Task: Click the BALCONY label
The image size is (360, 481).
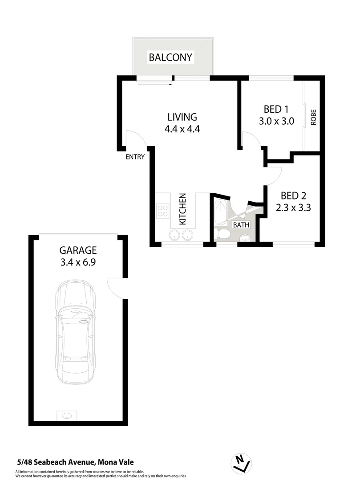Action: (x=170, y=57)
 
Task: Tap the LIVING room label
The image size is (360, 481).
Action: (x=182, y=117)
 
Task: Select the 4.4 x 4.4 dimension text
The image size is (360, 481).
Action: (x=182, y=130)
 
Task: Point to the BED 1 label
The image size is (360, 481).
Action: (x=276, y=109)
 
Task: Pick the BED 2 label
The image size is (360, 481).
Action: (x=293, y=195)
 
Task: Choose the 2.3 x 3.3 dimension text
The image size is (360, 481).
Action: (x=293, y=207)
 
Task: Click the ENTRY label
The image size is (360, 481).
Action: (x=135, y=157)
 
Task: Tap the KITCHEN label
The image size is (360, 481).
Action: (x=182, y=209)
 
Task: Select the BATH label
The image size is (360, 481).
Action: (x=241, y=225)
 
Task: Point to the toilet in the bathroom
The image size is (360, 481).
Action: (x=222, y=234)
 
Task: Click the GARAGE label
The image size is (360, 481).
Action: (x=78, y=251)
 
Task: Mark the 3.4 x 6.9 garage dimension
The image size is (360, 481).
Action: (x=78, y=263)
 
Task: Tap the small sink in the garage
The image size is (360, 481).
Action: (x=67, y=416)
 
